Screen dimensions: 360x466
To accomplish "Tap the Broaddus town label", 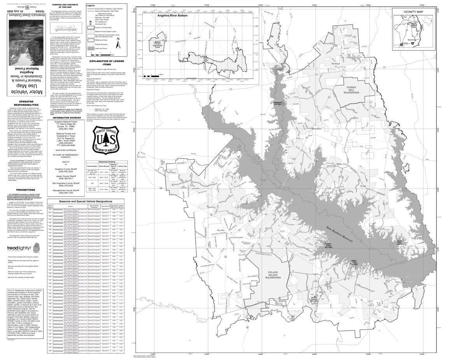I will point(317,128).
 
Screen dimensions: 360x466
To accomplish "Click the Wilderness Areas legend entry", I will point(99,39).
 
